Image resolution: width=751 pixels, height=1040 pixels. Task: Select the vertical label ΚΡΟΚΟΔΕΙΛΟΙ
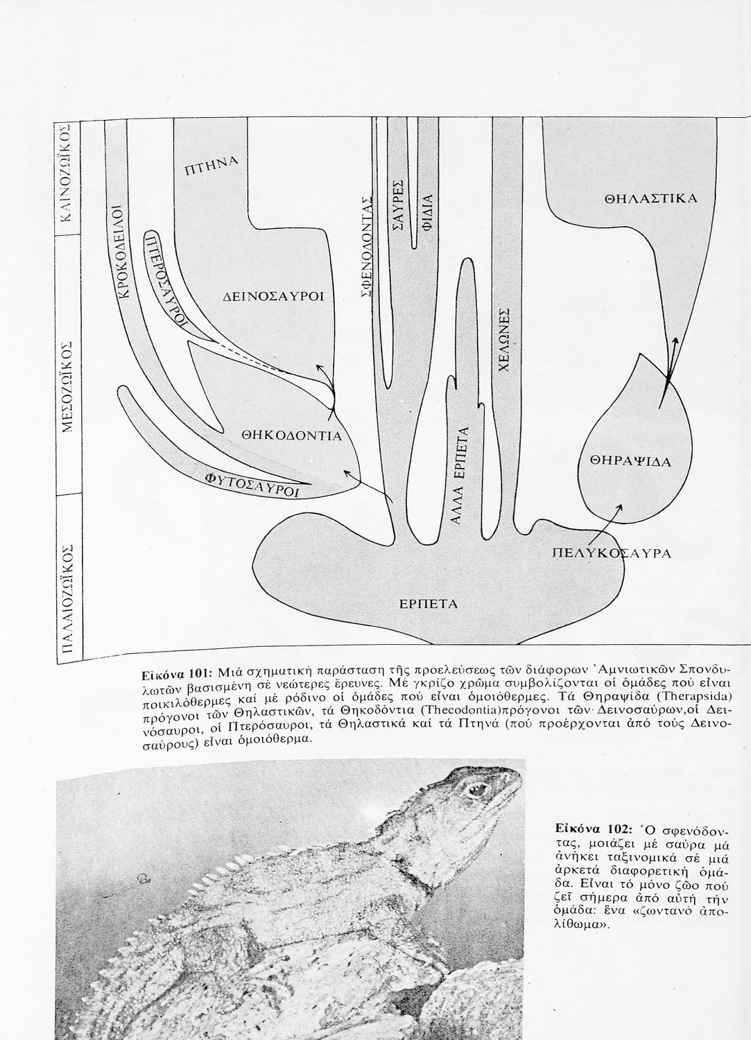[122, 252]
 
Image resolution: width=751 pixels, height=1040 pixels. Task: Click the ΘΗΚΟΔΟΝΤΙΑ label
[292, 436]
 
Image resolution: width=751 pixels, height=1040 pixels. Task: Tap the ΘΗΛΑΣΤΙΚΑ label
[651, 198]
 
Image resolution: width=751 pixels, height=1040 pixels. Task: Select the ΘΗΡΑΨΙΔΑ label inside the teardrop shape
[632, 460]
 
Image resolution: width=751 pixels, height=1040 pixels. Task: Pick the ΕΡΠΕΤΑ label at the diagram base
[429, 603]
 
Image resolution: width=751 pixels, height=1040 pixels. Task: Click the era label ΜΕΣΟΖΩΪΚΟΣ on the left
[68, 386]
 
